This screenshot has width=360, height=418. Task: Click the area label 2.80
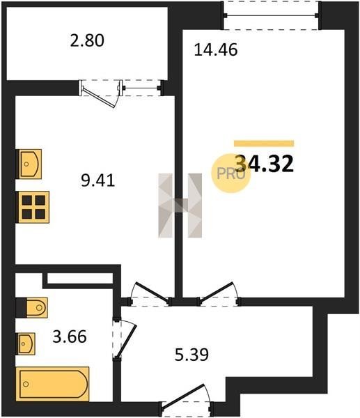pyautogui.click(x=87, y=40)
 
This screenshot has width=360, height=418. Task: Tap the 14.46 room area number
pyautogui.click(x=216, y=50)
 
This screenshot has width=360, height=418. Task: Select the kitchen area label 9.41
pyautogui.click(x=97, y=180)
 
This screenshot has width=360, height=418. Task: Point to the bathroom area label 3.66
pyautogui.click(x=70, y=336)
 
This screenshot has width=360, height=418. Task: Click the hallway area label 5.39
pyautogui.click(x=191, y=355)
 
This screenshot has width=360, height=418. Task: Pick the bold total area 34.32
pyautogui.click(x=265, y=164)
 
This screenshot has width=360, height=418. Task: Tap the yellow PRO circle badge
pyautogui.click(x=230, y=173)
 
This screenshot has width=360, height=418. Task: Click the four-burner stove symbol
pyautogui.click(x=33, y=207)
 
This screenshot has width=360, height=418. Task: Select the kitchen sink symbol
pyautogui.click(x=29, y=164)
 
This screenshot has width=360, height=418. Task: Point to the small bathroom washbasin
pyautogui.click(x=26, y=344)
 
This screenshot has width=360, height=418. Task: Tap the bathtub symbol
pyautogui.click(x=52, y=384)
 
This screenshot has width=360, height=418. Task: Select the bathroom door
pyautogui.click(x=124, y=339)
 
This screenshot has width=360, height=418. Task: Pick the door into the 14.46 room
pyautogui.click(x=219, y=293)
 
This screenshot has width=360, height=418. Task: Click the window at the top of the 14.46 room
pyautogui.click(x=272, y=15)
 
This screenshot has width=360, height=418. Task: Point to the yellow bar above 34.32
pyautogui.click(x=264, y=144)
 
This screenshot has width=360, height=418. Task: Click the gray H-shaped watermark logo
pyautogui.click(x=180, y=206)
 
